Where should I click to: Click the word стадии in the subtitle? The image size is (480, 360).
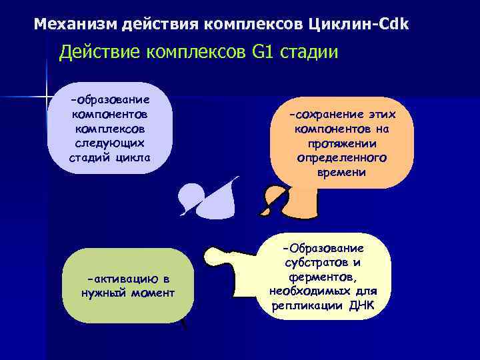303,52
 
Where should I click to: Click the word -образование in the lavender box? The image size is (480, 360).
110,99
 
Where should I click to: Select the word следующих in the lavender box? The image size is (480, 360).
110,143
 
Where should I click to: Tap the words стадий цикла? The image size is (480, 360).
110,157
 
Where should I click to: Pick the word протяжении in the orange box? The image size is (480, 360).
342,143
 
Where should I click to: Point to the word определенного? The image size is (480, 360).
342,158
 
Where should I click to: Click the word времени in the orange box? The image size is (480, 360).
342,172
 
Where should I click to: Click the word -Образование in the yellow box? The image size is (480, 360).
323,248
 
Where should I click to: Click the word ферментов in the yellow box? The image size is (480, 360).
323,277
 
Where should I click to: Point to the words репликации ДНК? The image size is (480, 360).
323,306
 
